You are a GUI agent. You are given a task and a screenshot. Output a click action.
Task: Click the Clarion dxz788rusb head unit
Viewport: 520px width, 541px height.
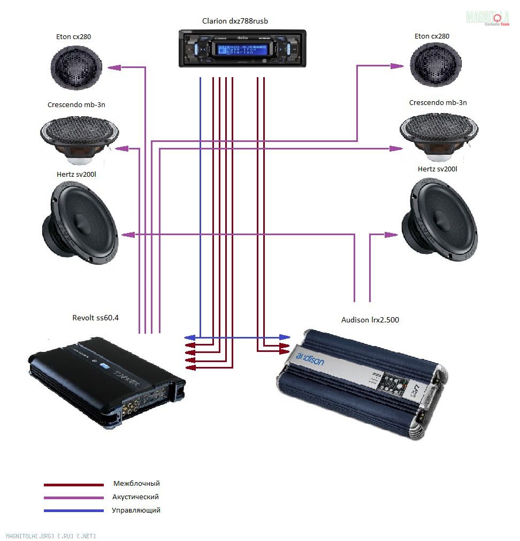coord(242,49)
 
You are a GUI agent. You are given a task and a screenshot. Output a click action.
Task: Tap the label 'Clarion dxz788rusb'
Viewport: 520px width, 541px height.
coord(235,21)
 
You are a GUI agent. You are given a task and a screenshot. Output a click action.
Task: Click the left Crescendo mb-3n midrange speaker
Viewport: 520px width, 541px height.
coord(79,137)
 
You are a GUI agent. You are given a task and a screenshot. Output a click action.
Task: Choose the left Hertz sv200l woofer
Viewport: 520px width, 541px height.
coord(80,223)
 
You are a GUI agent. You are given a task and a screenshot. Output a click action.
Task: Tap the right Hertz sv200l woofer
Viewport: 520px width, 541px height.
coord(440,221)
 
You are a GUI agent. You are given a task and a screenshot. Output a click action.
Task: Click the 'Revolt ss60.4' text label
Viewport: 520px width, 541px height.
coord(96,318)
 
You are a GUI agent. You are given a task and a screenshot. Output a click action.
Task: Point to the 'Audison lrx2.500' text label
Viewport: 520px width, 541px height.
coord(370,320)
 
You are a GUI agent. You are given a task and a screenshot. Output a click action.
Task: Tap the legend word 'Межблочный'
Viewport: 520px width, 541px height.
coord(136,484)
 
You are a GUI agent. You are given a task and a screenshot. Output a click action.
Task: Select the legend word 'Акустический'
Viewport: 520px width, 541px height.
coord(135,497)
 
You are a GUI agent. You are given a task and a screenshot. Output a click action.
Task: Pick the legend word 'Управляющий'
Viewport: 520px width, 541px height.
coord(136,510)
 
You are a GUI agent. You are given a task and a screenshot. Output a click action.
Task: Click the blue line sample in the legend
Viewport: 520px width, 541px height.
coord(74,511)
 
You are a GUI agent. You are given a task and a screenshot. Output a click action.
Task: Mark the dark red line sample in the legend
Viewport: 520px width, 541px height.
coord(74,485)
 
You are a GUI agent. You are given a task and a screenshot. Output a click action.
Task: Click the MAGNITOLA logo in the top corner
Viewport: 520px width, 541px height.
coord(487,18)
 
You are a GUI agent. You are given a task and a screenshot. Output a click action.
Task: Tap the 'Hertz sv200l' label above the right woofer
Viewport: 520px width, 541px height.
coord(438,169)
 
